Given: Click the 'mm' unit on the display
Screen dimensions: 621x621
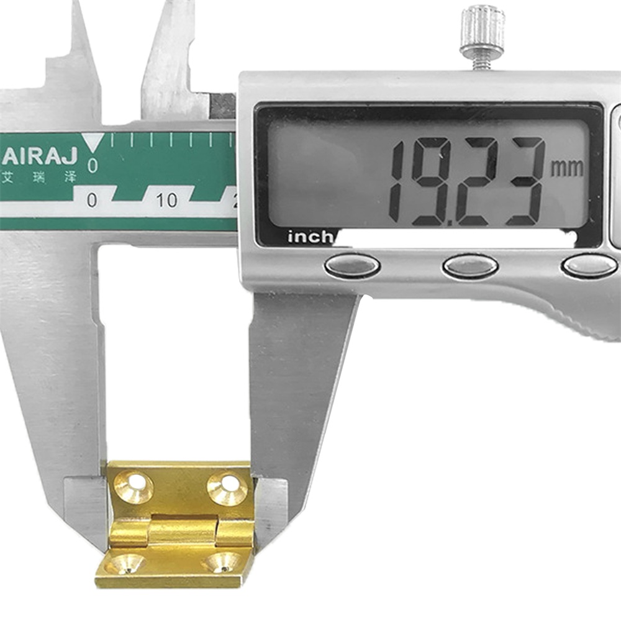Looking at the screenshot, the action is (x=567, y=168).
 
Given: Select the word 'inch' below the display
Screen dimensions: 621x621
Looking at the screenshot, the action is (x=311, y=237).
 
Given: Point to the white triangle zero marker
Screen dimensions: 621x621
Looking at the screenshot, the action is (x=93, y=142).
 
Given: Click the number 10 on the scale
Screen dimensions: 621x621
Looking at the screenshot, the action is (x=166, y=201).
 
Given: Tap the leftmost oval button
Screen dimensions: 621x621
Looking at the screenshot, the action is (x=352, y=265).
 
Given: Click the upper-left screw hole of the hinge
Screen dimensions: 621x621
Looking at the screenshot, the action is (x=134, y=486).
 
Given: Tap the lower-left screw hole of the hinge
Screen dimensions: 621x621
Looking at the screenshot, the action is (x=125, y=564).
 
